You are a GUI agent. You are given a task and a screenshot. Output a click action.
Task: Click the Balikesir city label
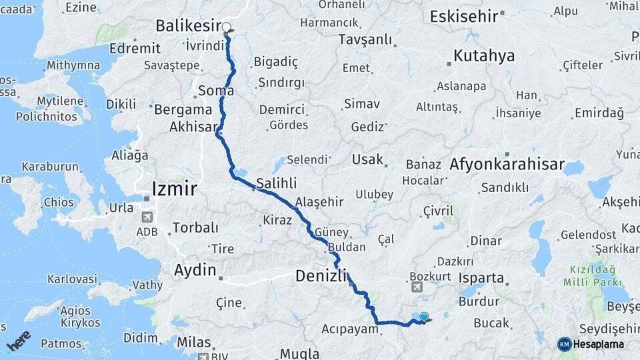point(187,26)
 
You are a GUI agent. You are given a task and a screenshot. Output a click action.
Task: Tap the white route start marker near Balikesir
point(227,28)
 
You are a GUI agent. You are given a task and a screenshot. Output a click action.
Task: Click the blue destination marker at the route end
point(423,317)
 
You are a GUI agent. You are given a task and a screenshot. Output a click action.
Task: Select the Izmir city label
point(174,189)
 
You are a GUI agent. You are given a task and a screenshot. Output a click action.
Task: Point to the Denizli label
point(321,275)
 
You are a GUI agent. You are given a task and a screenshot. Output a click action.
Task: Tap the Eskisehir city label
point(464,17)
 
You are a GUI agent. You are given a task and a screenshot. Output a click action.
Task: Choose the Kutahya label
point(484,55)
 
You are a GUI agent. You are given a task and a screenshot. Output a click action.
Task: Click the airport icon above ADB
point(147,217)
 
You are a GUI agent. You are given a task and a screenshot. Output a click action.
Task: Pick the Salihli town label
point(276,183)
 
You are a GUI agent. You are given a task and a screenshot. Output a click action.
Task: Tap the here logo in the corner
point(19,341)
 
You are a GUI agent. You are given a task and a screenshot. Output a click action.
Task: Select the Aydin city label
point(195,270)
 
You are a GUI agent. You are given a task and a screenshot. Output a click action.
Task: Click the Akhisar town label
point(194,126)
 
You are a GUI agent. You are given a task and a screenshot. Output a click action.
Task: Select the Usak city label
point(368,159)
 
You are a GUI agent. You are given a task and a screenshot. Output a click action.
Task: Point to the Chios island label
point(59,202)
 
